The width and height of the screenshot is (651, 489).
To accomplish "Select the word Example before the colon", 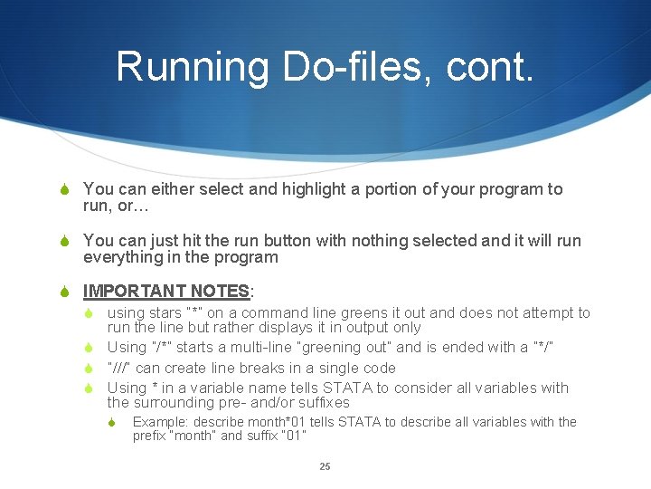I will pos(159,423).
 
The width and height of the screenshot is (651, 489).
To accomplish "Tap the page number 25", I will pos(325,467).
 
